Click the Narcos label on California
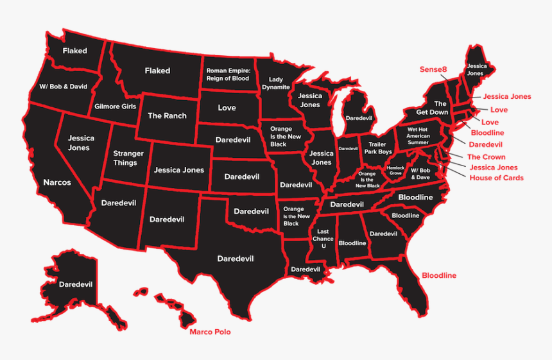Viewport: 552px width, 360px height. pyautogui.click(x=57, y=182)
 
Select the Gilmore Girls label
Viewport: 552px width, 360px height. pyautogui.click(x=115, y=106)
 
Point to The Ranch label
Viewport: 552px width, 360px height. pyautogui.click(x=167, y=116)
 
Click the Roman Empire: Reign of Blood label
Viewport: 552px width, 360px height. pyautogui.click(x=227, y=74)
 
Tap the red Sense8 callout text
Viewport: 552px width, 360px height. pyautogui.click(x=433, y=69)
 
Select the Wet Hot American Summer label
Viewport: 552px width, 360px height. pyautogui.click(x=418, y=136)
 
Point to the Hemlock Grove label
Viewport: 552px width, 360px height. pyautogui.click(x=395, y=170)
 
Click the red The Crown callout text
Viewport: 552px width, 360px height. pyautogui.click(x=486, y=157)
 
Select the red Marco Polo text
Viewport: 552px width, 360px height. pyautogui.click(x=210, y=332)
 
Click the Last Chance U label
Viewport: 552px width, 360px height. pyautogui.click(x=323, y=238)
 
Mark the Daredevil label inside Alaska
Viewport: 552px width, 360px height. pyautogui.click(x=76, y=284)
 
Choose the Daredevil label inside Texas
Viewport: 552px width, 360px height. pyautogui.click(x=235, y=259)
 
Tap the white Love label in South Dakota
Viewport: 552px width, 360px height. pyautogui.click(x=227, y=108)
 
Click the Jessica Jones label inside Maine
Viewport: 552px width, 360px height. pyautogui.click(x=476, y=69)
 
